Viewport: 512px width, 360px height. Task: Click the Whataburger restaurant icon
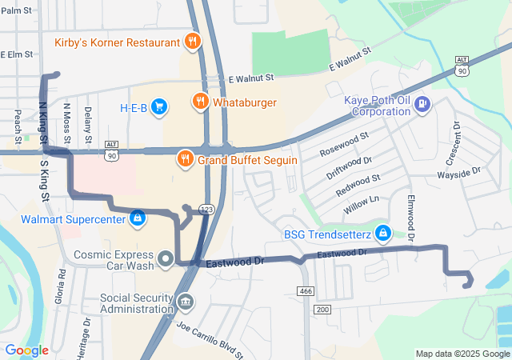[x=199, y=102]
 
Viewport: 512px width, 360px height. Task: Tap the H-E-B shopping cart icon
[x=158, y=106]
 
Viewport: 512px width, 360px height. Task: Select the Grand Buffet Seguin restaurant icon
[x=186, y=158]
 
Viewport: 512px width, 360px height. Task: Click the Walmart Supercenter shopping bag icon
[x=138, y=218]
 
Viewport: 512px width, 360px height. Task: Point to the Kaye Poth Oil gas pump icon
[x=422, y=104]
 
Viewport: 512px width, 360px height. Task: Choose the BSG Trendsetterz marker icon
[x=383, y=233]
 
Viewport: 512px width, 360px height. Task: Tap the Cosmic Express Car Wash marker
[x=166, y=258]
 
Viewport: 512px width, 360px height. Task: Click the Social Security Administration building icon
[x=186, y=302]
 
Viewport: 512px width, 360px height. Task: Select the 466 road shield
[x=304, y=290]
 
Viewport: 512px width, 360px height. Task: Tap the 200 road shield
[x=322, y=309]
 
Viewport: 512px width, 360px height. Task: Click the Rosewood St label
[x=343, y=143]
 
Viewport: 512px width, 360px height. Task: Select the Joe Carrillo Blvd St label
[x=209, y=339]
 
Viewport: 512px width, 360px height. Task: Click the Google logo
[x=26, y=350]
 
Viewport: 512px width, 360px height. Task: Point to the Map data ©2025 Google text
[x=462, y=354]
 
